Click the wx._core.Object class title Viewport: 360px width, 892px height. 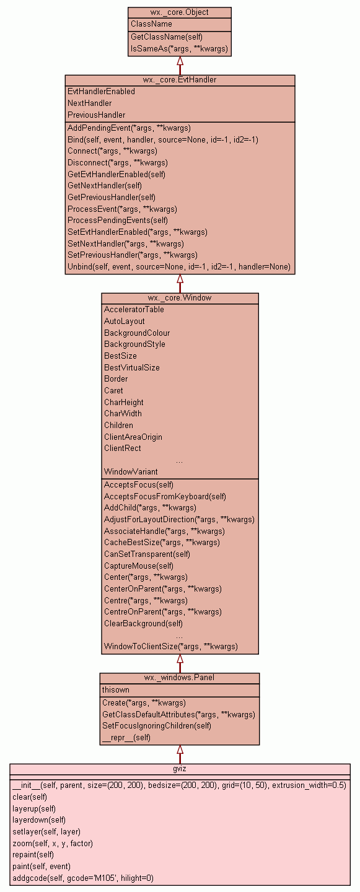[x=179, y=12]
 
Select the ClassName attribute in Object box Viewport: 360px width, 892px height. [x=151, y=24]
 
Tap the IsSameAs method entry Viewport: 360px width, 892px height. [x=179, y=48]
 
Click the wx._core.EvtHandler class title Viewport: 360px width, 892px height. [x=180, y=80]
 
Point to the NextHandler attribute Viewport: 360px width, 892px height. [x=90, y=103]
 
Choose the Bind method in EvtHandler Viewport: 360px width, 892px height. [x=163, y=140]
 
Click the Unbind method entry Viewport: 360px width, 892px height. [x=179, y=267]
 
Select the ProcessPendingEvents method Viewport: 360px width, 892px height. [x=118, y=221]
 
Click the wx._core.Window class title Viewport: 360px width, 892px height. [x=180, y=298]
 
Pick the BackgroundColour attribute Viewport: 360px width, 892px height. [x=137, y=333]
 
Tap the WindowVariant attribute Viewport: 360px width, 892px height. [x=131, y=472]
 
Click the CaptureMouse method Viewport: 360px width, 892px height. [x=139, y=566]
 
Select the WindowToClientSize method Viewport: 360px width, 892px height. [x=171, y=647]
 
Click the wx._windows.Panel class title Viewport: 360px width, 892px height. [x=179, y=678]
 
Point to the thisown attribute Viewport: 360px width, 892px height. [x=115, y=689]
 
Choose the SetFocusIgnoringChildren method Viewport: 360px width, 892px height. [x=157, y=725]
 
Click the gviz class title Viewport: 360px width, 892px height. [x=180, y=769]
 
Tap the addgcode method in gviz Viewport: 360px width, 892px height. [x=83, y=878]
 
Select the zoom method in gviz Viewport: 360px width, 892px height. [x=53, y=844]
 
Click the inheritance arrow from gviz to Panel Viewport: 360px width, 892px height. [x=180, y=754]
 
